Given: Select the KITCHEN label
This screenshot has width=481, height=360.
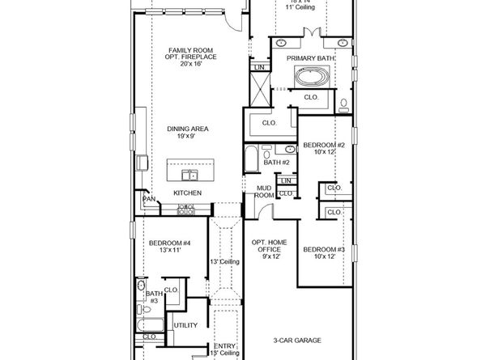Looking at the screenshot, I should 187,193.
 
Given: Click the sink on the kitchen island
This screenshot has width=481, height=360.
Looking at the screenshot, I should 188,174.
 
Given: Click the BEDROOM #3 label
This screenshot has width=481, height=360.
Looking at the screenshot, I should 324,250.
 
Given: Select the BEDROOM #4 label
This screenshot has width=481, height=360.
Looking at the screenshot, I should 169,243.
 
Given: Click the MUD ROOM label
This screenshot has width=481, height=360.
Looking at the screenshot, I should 264,191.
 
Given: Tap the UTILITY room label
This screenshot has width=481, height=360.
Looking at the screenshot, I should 186,325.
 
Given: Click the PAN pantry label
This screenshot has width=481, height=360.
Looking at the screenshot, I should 148,199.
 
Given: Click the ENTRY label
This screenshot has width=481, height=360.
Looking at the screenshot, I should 225,345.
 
